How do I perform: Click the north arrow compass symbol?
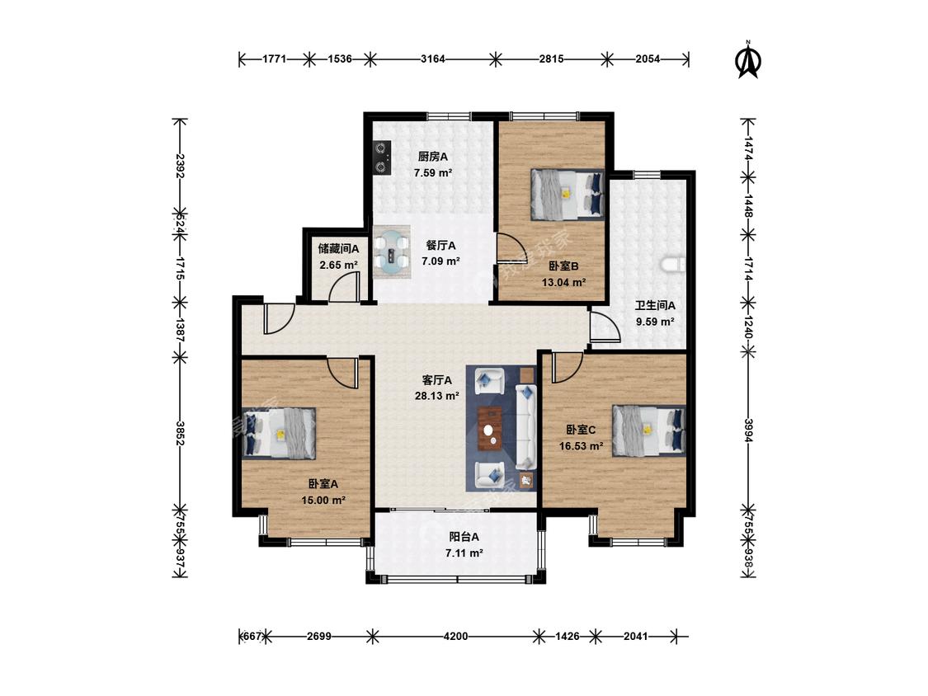pyautogui.click(x=748, y=59)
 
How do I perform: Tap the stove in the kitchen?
pyautogui.click(x=382, y=157)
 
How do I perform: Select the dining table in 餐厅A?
pyautogui.click(x=392, y=252)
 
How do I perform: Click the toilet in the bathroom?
pyautogui.click(x=674, y=266)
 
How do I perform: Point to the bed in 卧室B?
pyautogui.click(x=568, y=194)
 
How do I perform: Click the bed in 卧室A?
pyautogui.click(x=279, y=433)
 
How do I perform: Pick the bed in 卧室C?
pyautogui.click(x=649, y=430)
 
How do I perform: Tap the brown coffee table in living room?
pyautogui.click(x=491, y=429)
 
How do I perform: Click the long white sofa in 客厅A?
pyautogui.click(x=525, y=426)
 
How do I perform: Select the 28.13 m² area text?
pyautogui.click(x=436, y=396)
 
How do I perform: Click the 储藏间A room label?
pyautogui.click(x=338, y=248)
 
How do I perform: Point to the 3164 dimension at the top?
pyautogui.click(x=432, y=59)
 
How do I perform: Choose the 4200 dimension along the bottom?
pyautogui.click(x=455, y=637)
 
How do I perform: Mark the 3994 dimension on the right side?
pyautogui.click(x=748, y=430)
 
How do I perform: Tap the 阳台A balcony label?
pyautogui.click(x=464, y=537)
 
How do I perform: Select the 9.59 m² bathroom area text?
pyautogui.click(x=655, y=322)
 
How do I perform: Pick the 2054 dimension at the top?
pyautogui.click(x=648, y=59)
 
